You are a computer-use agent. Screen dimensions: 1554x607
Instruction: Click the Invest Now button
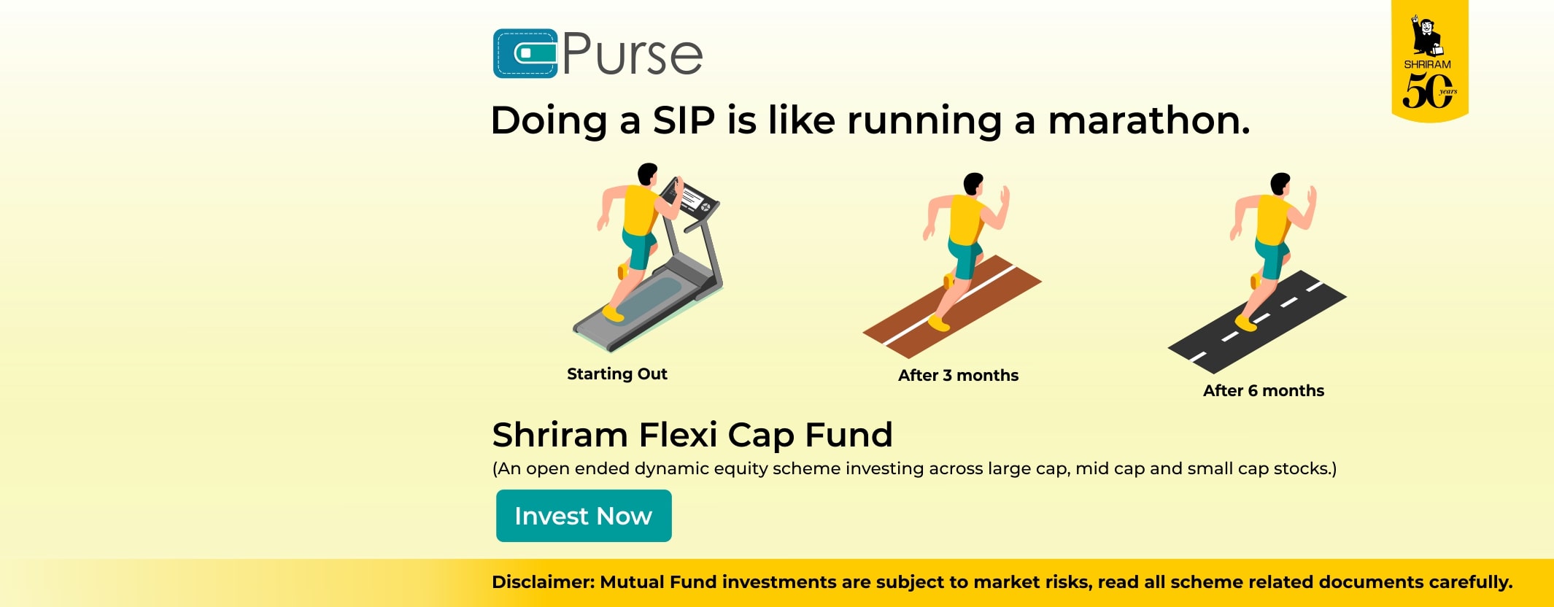point(584,516)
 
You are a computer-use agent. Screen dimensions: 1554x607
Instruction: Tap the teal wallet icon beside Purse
point(525,53)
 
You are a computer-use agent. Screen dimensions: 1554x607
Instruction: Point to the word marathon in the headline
point(1148,120)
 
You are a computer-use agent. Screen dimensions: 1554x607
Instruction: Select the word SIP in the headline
point(684,120)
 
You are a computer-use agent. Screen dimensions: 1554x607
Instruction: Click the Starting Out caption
point(617,374)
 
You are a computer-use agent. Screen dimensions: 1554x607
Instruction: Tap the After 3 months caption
point(958,376)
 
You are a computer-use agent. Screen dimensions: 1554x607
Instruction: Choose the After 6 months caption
point(1264,391)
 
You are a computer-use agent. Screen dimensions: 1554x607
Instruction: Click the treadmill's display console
point(689,197)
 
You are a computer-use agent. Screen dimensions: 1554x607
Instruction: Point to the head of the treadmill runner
point(647,175)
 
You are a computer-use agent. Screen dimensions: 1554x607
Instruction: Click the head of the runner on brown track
point(973,184)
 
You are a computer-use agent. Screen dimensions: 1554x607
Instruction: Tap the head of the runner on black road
point(1280,184)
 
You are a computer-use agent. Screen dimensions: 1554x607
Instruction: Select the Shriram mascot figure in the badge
point(1426,35)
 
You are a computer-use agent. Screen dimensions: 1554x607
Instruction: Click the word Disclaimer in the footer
point(543,582)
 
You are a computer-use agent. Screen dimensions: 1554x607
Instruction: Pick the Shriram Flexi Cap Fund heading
point(692,435)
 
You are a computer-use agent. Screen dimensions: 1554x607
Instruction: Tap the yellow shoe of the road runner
point(1246,322)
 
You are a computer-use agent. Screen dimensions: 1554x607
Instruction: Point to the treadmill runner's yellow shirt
point(641,211)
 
